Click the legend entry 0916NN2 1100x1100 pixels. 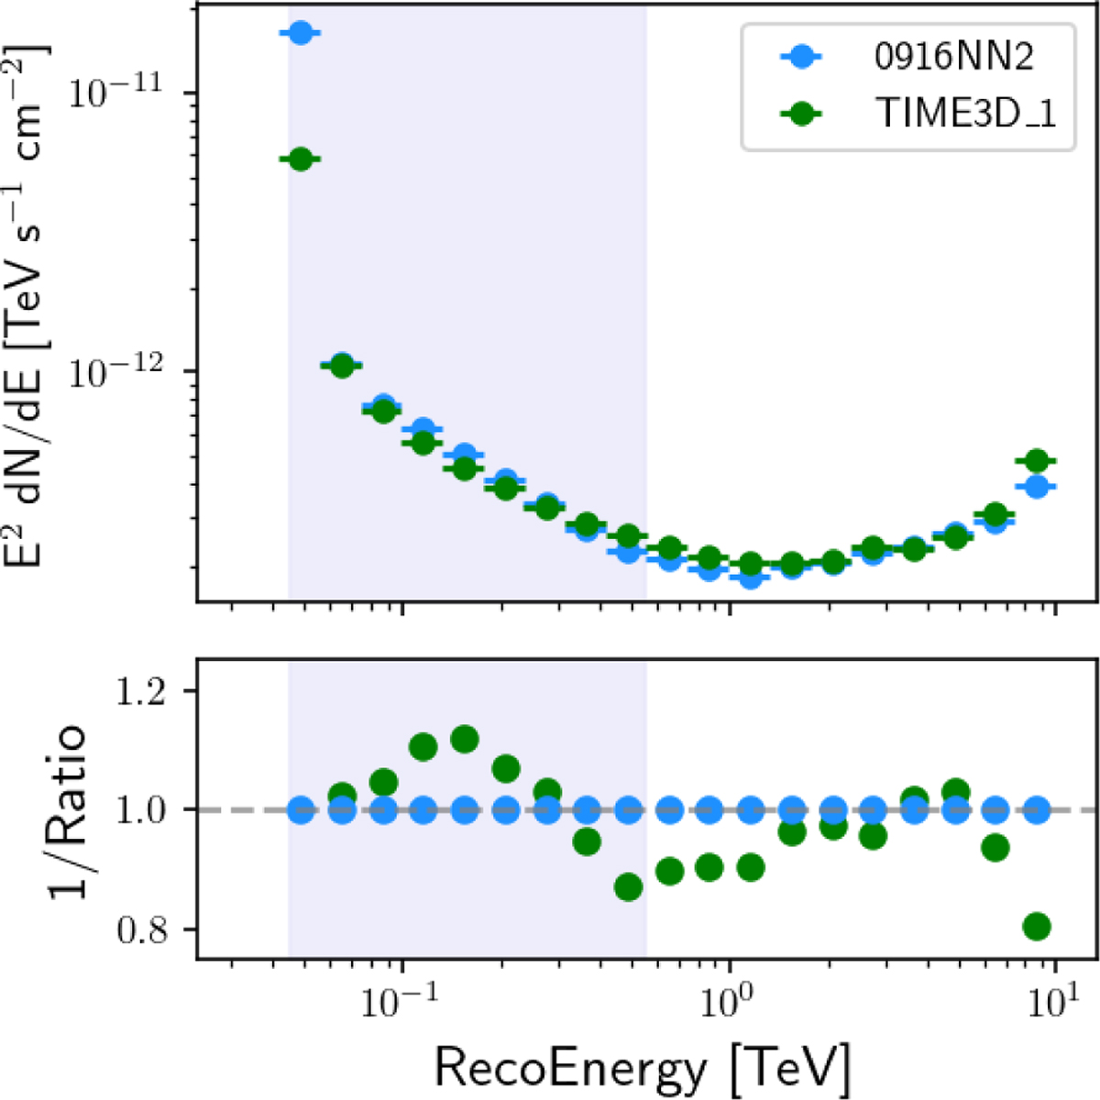tap(954, 59)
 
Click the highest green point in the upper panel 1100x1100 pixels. tap(300, 159)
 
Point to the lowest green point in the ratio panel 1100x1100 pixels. tap(1037, 927)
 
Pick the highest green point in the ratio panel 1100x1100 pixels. tap(464, 739)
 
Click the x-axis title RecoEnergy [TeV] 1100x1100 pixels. tap(642, 1066)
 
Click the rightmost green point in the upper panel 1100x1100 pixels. tap(1037, 460)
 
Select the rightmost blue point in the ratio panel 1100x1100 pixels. tap(1037, 810)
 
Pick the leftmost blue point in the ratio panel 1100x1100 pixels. tap(300, 810)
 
